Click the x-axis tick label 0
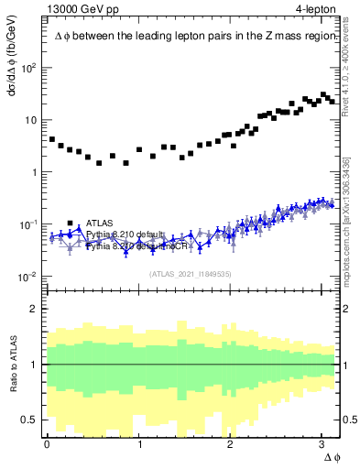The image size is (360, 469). pos(48,443)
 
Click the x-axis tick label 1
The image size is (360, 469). pos(139,443)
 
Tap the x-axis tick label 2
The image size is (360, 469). pos(231,443)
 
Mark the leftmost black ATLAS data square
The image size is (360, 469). pos(52,139)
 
